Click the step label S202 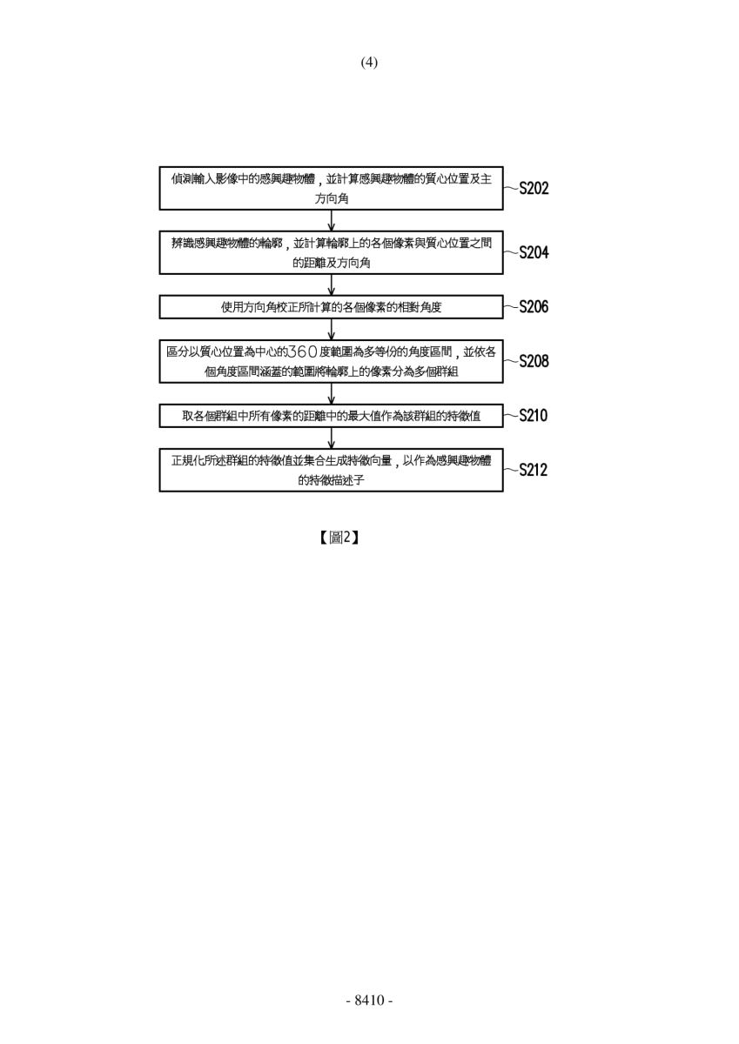click(534, 188)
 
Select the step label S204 click(534, 252)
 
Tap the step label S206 click(534, 306)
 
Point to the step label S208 click(534, 361)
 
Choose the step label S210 click(534, 415)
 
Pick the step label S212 click(534, 470)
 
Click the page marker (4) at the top click(369, 62)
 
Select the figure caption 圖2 click(339, 538)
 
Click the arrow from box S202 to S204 click(331, 220)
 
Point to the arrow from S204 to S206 click(331, 284)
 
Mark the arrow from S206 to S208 click(331, 330)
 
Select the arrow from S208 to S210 click(331, 394)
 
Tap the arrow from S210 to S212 click(331, 438)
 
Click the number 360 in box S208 click(303, 351)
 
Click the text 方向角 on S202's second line click(332, 198)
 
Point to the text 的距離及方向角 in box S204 click(332, 263)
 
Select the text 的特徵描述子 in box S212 click(331, 480)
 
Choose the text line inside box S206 click(331, 307)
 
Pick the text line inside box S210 click(331, 416)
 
